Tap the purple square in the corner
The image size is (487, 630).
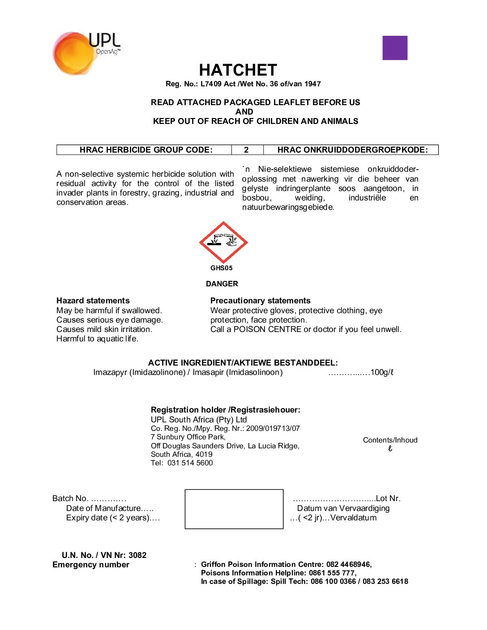coord(395,48)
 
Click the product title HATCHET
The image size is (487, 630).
coord(238,70)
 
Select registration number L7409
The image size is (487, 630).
coord(211,84)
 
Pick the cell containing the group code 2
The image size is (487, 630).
coord(247,150)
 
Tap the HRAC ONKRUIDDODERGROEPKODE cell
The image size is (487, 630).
coord(352,150)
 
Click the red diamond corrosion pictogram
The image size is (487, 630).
coord(223,242)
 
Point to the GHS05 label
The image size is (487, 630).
coord(222,268)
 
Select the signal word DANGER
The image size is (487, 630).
coord(222,284)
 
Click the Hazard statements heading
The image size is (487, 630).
coord(93,301)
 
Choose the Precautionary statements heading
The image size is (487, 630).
coord(260,301)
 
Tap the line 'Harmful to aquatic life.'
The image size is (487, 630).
coord(97,339)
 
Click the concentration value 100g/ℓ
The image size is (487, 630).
coord(382,372)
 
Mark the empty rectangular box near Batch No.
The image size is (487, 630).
coord(234,509)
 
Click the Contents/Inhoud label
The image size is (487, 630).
coord(390,440)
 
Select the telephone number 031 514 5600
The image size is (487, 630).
coord(190,463)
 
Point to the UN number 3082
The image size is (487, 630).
coord(137,555)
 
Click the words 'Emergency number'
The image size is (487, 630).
coord(91,565)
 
